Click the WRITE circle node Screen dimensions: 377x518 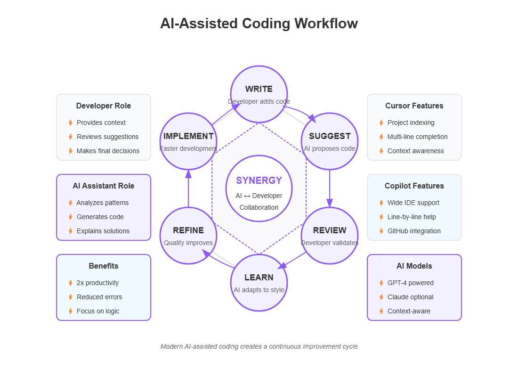pyautogui.click(x=259, y=93)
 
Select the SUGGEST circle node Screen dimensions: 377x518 pyautogui.click(x=330, y=141)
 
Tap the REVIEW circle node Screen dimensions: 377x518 pyautogui.click(x=330, y=235)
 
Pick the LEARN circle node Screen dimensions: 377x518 pyautogui.click(x=259, y=282)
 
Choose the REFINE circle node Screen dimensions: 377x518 pyautogui.click(x=188, y=235)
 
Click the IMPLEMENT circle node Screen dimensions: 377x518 pyautogui.click(x=188, y=141)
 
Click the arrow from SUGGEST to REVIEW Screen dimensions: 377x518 pyautogui.click(x=330, y=188)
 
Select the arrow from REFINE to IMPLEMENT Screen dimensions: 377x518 pyautogui.click(x=188, y=188)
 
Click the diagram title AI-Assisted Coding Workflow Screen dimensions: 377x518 pyautogui.click(x=259, y=24)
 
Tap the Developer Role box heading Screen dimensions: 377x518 pyautogui.click(x=104, y=106)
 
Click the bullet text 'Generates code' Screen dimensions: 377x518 pyautogui.click(x=100, y=217)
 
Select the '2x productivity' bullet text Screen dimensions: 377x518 pyautogui.click(x=97, y=283)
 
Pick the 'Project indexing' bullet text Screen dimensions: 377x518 pyautogui.click(x=411, y=123)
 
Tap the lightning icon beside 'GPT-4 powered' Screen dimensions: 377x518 pyautogui.click(x=381, y=283)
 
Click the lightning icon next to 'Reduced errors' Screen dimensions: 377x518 pyautogui.click(x=70, y=297)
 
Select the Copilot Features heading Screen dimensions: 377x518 pyautogui.click(x=414, y=186)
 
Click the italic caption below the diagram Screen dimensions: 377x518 pyautogui.click(x=259, y=346)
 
